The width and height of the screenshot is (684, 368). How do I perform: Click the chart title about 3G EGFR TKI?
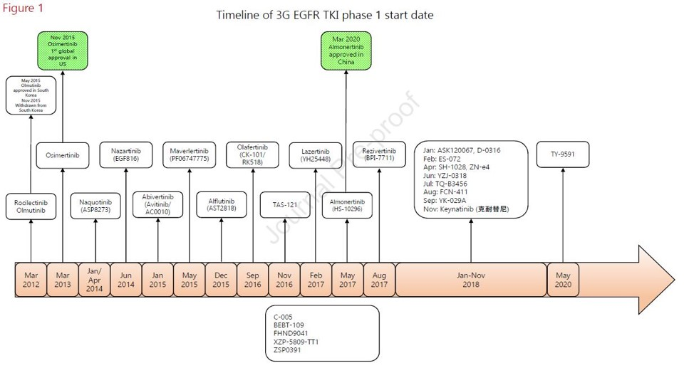click(324, 15)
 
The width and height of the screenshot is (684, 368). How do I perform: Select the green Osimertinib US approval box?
click(62, 50)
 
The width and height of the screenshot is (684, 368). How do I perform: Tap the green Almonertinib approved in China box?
click(347, 50)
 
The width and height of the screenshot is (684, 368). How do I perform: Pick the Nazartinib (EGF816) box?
click(125, 155)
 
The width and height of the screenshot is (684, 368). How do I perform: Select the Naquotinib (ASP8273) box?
click(95, 206)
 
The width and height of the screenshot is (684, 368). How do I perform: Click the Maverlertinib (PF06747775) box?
click(189, 155)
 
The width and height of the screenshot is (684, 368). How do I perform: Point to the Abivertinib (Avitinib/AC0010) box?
click(157, 206)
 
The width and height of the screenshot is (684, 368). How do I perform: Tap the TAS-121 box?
click(284, 205)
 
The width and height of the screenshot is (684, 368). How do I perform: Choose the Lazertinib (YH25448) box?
click(316, 155)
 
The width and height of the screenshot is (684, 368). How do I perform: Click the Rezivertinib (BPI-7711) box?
click(378, 155)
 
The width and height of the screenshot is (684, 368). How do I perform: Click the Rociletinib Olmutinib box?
click(31, 206)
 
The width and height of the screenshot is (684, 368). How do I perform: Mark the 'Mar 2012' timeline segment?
click(31, 280)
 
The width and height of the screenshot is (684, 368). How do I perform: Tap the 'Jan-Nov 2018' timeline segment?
click(470, 280)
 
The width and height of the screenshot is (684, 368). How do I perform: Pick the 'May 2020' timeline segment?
click(563, 280)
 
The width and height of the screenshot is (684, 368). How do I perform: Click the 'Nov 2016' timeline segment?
click(284, 280)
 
